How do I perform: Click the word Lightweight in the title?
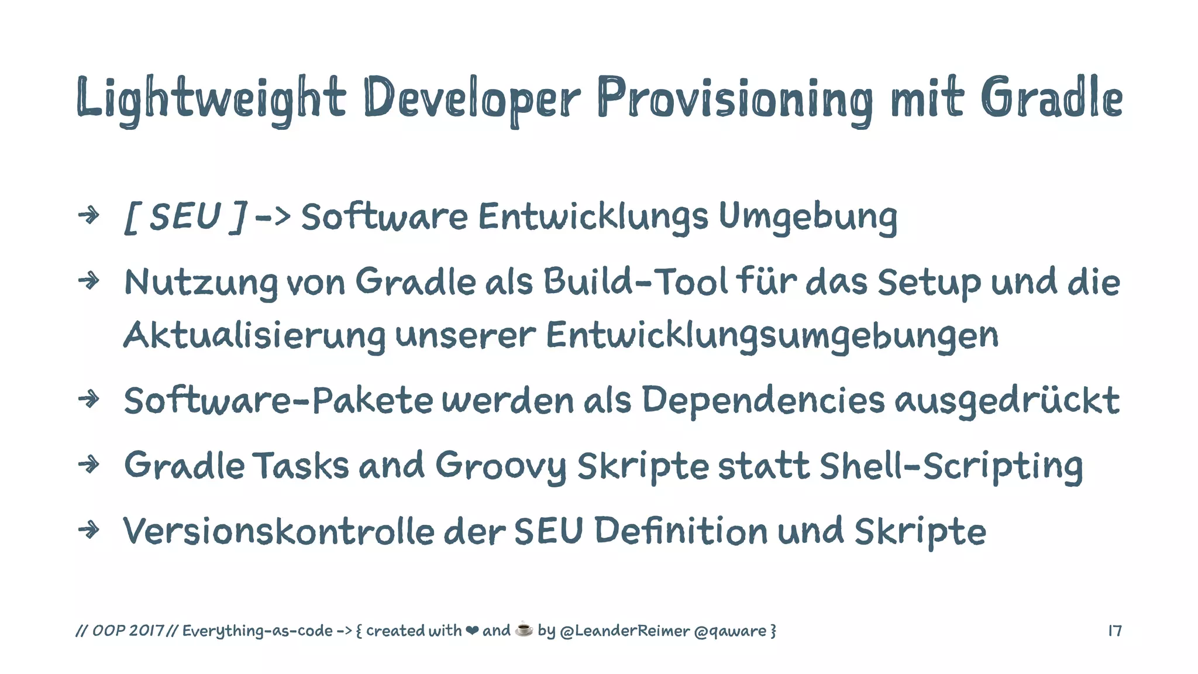click(211, 98)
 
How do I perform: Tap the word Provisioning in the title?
click(735, 98)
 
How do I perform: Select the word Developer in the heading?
click(471, 98)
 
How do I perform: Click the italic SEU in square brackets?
click(185, 216)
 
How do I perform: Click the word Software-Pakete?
click(278, 401)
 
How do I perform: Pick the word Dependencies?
click(763, 401)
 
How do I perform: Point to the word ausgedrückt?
click(1007, 401)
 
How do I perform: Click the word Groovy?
click(501, 466)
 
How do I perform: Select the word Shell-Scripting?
click(951, 466)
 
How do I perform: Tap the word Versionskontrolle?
click(278, 531)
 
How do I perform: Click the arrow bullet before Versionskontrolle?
click(89, 530)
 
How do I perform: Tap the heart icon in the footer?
click(471, 631)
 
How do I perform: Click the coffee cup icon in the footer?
click(524, 630)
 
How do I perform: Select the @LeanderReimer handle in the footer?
click(625, 631)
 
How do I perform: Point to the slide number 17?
click(1115, 631)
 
